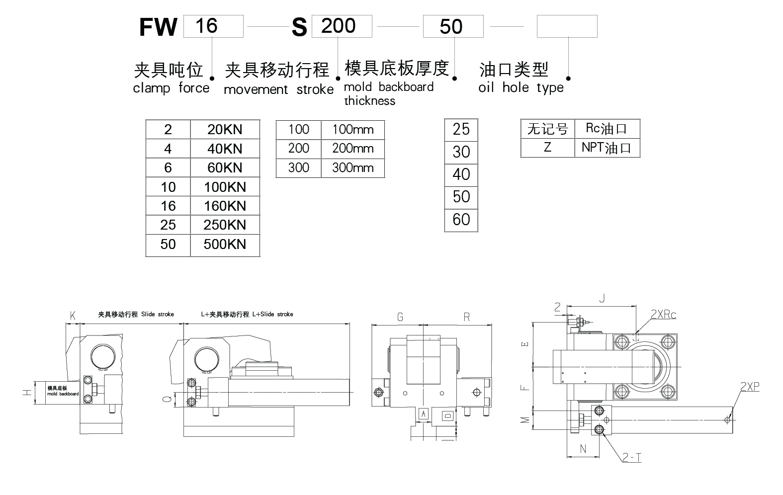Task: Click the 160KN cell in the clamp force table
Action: [225, 206]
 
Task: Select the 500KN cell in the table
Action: [225, 244]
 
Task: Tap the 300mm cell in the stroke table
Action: [352, 167]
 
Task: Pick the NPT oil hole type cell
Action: [607, 148]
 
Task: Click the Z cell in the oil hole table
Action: [547, 148]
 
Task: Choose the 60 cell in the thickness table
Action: [461, 220]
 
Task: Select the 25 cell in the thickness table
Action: [461, 129]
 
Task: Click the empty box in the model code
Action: [567, 26]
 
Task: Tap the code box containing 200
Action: [342, 26]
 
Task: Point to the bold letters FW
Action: [158, 27]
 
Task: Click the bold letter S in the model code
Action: [299, 28]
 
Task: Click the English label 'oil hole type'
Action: [521, 88]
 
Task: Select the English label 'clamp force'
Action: [171, 88]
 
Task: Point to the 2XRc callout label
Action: [663, 315]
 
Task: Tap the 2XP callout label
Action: [750, 387]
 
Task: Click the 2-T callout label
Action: [631, 457]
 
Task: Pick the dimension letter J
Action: [602, 298]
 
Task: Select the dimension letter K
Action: [73, 315]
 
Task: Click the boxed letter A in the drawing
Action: [424, 413]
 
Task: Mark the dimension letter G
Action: [400, 317]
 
